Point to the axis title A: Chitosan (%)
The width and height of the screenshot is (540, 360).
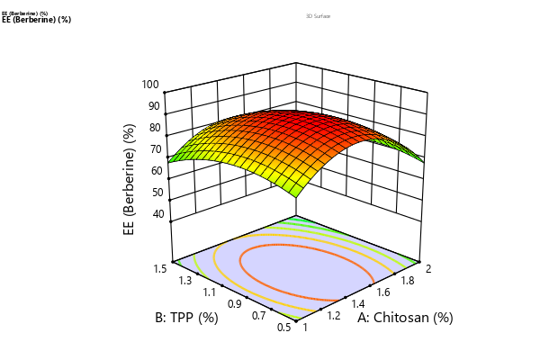[404, 318]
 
